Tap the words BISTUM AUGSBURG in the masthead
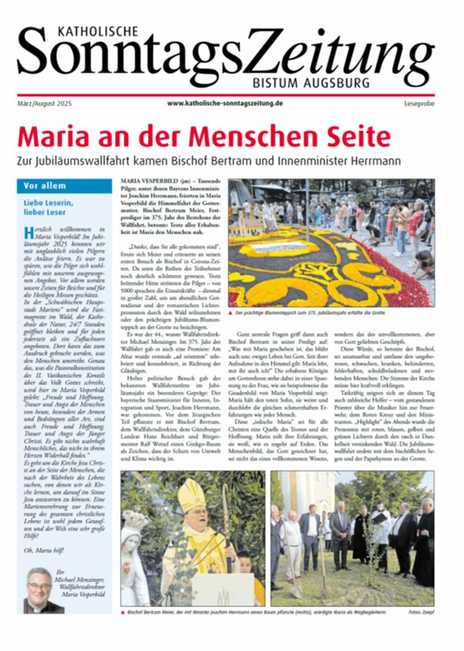311,83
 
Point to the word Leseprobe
419,104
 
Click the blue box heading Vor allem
45,186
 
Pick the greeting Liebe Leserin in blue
49,203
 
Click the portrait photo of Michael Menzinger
40,591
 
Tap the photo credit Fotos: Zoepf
421,612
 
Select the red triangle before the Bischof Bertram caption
123,612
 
